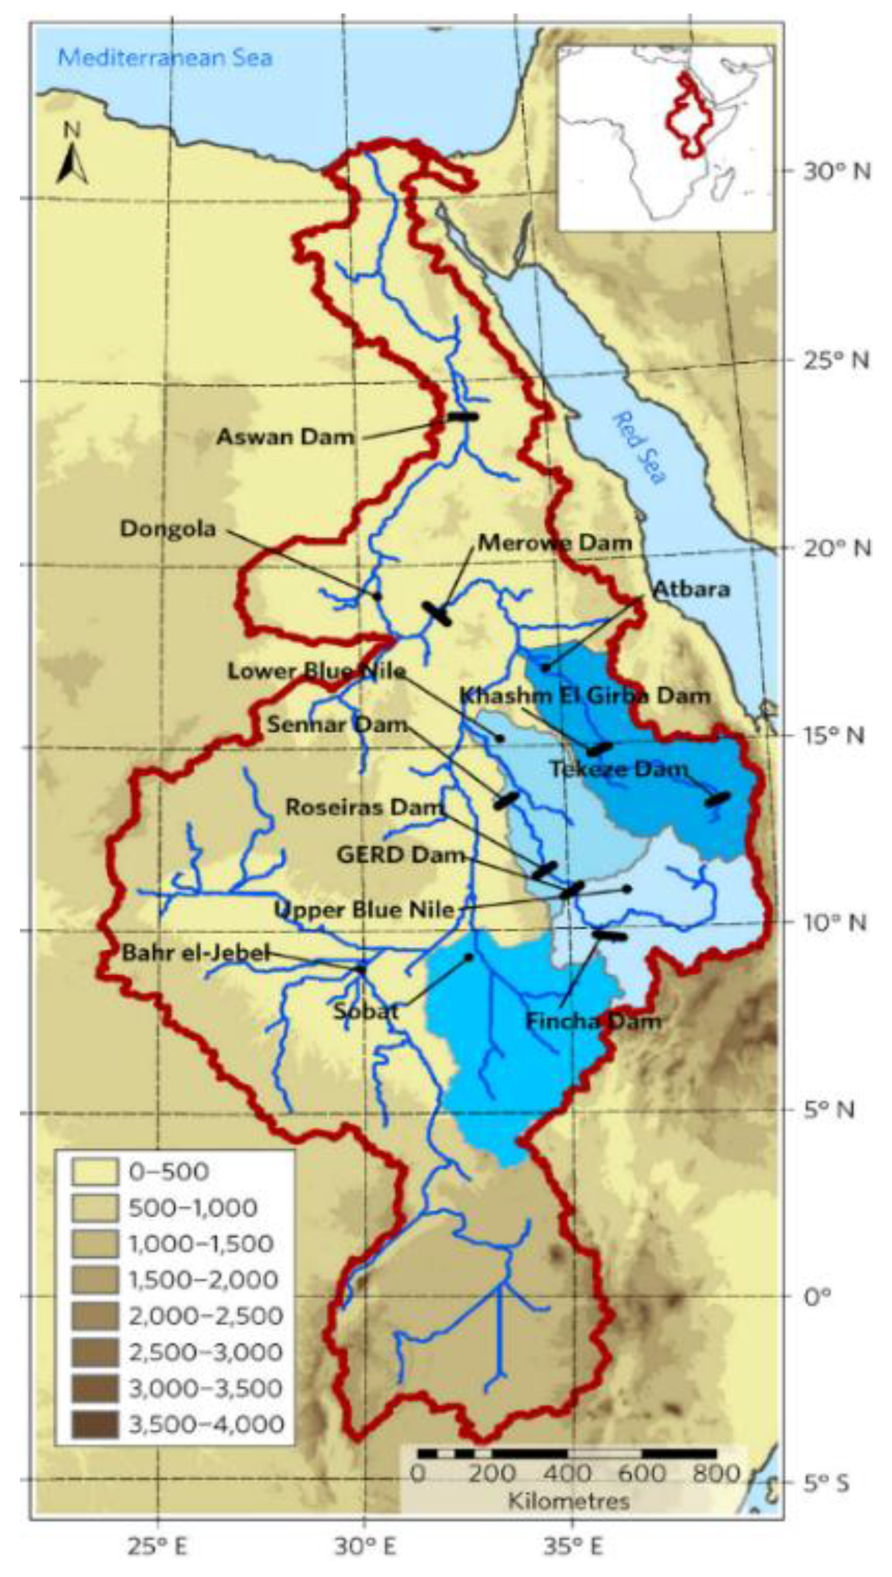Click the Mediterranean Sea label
pyautogui.click(x=165, y=58)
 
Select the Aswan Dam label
pyautogui.click(x=285, y=437)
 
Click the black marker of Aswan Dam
pyautogui.click(x=463, y=416)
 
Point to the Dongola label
pyautogui.click(x=168, y=529)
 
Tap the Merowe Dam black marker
pyautogui.click(x=437, y=614)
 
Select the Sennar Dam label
pyautogui.click(x=337, y=725)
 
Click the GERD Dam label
pyautogui.click(x=401, y=855)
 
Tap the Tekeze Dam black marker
pyautogui.click(x=718, y=799)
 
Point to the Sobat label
pyautogui.click(x=366, y=1010)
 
